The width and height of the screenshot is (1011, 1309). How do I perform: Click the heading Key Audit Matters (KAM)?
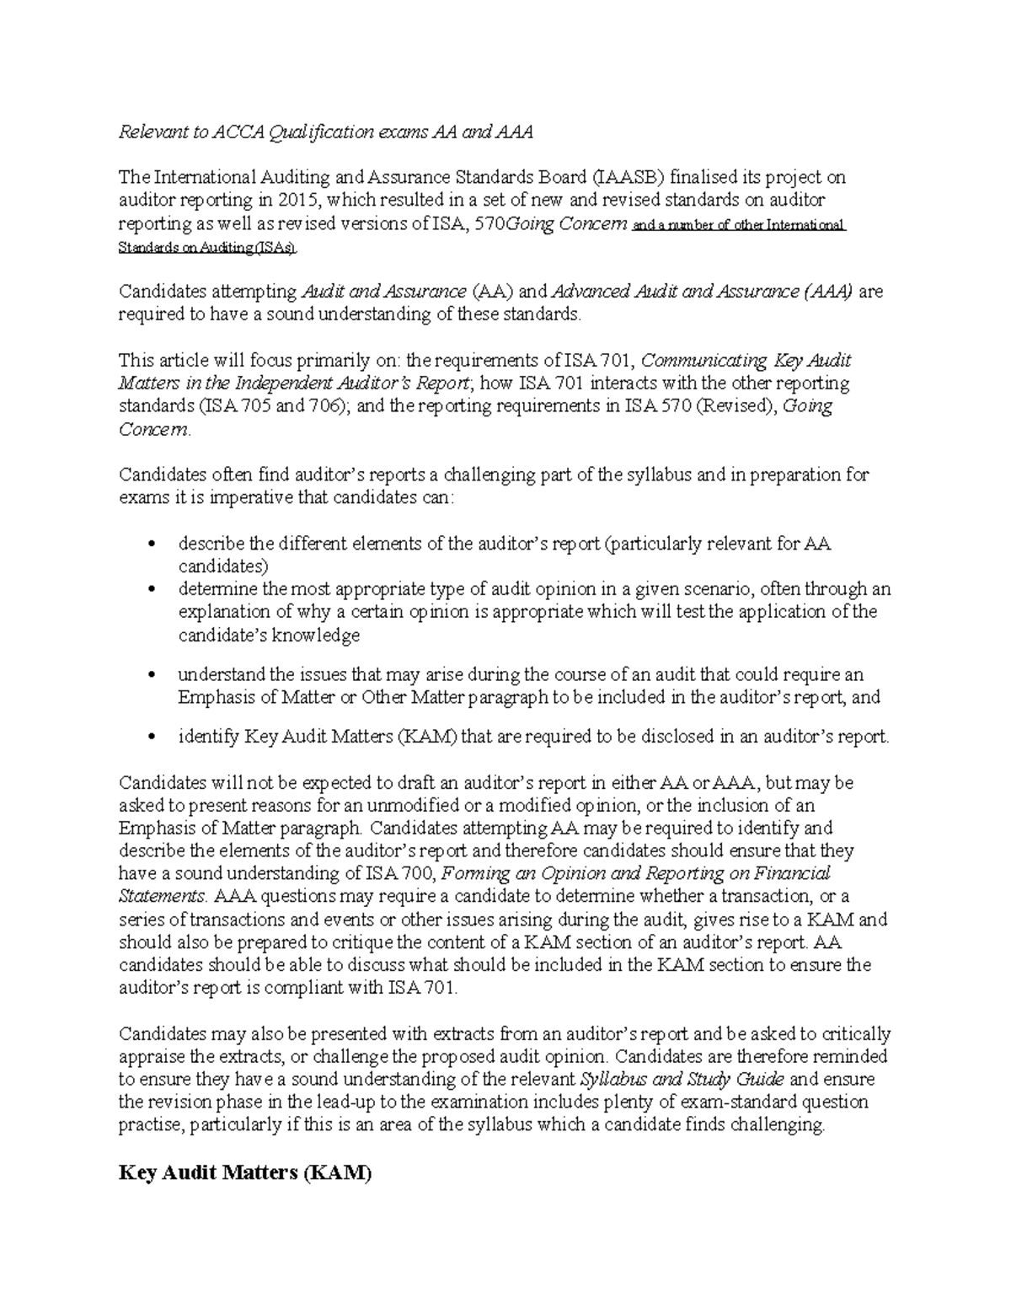click(x=244, y=1173)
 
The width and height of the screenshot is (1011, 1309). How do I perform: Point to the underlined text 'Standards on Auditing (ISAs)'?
click(x=207, y=248)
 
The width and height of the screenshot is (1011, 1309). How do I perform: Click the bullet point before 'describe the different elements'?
click(x=152, y=545)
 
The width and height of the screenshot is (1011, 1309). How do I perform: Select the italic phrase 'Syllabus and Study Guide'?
click(x=682, y=1080)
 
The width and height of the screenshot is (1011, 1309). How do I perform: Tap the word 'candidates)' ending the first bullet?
click(x=223, y=566)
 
